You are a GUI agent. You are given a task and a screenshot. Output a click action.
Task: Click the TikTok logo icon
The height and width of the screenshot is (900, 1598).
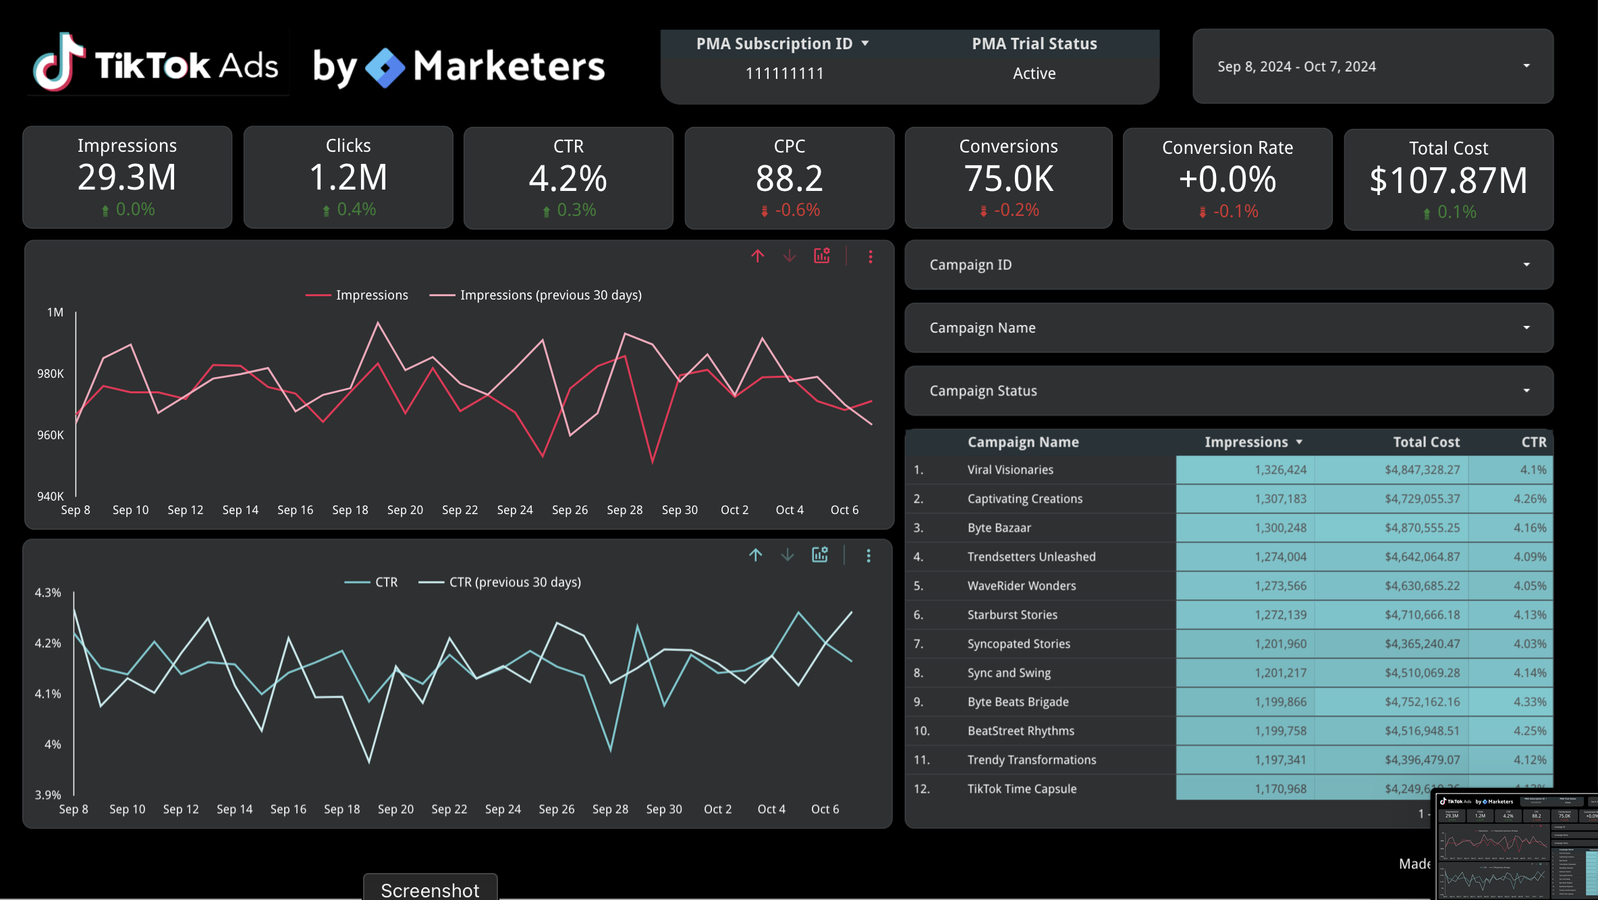click(59, 62)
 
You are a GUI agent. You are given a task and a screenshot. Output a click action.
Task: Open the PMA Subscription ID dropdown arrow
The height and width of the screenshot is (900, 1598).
click(864, 44)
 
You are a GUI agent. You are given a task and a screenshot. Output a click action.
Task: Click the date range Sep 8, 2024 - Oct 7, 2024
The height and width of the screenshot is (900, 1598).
click(1296, 67)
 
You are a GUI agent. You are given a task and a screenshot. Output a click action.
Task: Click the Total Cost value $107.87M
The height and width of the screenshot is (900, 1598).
click(1448, 181)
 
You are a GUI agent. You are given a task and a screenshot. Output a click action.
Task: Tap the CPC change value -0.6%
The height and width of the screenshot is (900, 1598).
click(797, 210)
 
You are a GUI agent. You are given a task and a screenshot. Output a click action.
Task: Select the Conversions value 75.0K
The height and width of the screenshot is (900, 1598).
click(1008, 179)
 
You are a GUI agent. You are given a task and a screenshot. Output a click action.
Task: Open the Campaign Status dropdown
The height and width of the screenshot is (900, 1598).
click(1228, 391)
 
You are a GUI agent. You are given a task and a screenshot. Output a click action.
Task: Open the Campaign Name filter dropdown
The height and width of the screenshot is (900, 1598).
click(1228, 328)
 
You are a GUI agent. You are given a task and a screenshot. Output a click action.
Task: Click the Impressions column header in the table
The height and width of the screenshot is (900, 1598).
click(1246, 442)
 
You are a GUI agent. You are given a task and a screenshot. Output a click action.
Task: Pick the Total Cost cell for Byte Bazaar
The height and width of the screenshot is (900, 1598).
click(1422, 528)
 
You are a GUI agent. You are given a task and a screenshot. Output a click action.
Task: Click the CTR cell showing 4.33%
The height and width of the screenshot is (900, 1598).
click(1529, 702)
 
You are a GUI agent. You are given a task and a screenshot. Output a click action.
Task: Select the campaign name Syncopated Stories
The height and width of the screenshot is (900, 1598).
click(1018, 644)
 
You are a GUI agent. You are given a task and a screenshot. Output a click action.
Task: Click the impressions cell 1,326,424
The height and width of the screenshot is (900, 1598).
click(1280, 470)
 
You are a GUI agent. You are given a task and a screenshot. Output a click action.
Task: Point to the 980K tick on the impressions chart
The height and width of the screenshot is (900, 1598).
click(51, 374)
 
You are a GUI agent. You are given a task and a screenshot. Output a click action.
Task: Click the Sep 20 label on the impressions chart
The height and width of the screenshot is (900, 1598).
click(405, 510)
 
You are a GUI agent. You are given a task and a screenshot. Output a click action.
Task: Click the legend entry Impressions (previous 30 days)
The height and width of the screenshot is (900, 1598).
click(550, 296)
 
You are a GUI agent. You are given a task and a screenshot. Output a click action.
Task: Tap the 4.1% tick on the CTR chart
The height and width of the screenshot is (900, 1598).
click(48, 694)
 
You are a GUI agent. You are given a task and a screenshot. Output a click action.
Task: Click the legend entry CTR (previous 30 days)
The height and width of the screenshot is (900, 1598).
click(514, 582)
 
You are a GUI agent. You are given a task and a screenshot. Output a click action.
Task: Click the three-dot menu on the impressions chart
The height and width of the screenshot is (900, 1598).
click(871, 256)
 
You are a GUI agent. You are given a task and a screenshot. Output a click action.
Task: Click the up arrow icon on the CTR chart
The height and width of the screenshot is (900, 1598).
click(756, 555)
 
